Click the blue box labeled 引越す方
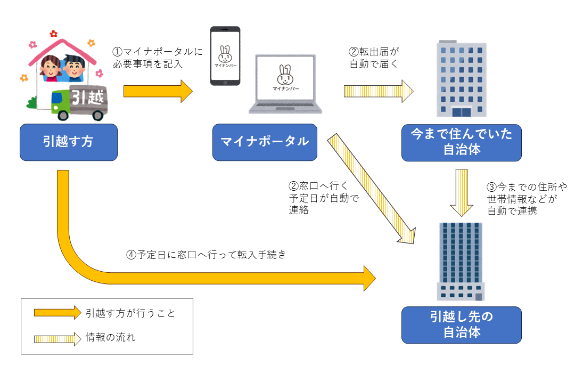(x=68, y=142)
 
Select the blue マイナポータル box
(x=265, y=142)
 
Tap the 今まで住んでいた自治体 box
(x=461, y=142)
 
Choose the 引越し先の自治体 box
(x=461, y=324)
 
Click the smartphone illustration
(x=225, y=56)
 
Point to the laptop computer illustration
(x=286, y=84)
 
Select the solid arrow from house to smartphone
(x=158, y=91)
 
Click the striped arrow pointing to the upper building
(x=378, y=91)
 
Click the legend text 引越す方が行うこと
(x=130, y=313)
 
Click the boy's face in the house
(x=74, y=67)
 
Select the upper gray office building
(x=462, y=79)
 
